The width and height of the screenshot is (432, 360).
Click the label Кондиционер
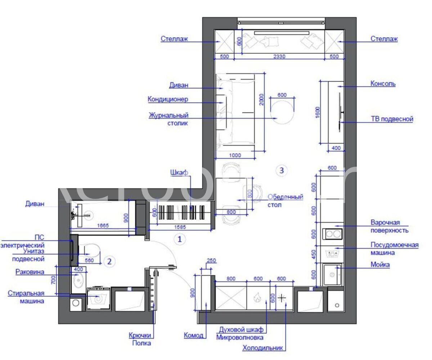pyautogui.click(x=168, y=99)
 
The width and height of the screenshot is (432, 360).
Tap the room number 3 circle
pyautogui.click(x=282, y=170)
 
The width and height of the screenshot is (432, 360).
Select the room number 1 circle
pyautogui.click(x=180, y=239)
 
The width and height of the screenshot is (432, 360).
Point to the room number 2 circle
pyautogui.click(x=109, y=261)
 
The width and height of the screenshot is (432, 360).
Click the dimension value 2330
pyautogui.click(x=279, y=56)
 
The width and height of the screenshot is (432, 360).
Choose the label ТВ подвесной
pyautogui.click(x=392, y=119)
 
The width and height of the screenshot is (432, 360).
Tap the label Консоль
pyautogui.click(x=383, y=84)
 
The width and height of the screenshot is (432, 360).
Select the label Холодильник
pyautogui.click(x=262, y=348)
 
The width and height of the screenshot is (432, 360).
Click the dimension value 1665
pyautogui.click(x=103, y=225)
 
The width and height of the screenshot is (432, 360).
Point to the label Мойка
pyautogui.click(x=380, y=265)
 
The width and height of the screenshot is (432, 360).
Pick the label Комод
pyautogui.click(x=194, y=336)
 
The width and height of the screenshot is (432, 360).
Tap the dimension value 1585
pyautogui.click(x=180, y=227)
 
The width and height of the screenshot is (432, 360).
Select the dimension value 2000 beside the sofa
pyautogui.click(x=261, y=100)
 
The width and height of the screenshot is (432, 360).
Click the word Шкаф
pyautogui.click(x=179, y=172)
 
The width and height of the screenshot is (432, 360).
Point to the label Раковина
pyautogui.click(x=30, y=272)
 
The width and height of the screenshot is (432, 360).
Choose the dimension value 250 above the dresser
pyautogui.click(x=211, y=261)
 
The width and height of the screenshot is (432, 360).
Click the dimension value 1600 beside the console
pyautogui.click(x=318, y=112)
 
